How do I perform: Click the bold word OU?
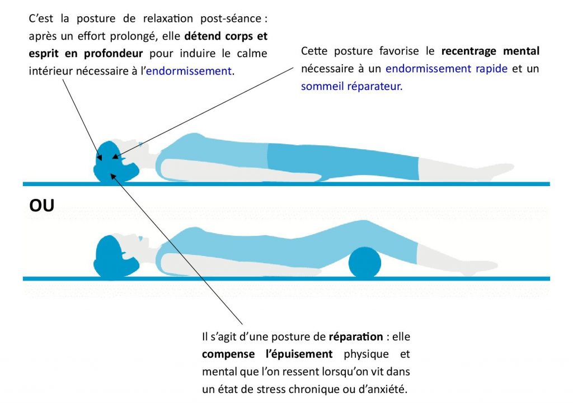click(x=41, y=206)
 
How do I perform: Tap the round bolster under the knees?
click(x=364, y=264)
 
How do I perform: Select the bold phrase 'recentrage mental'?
click(x=490, y=51)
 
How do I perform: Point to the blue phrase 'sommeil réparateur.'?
click(x=351, y=87)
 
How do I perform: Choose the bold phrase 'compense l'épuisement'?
click(x=267, y=354)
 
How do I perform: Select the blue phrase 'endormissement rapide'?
click(x=447, y=69)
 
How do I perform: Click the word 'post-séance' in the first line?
click(x=230, y=19)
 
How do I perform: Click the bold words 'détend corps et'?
click(x=226, y=36)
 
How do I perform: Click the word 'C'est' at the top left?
click(x=41, y=19)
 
